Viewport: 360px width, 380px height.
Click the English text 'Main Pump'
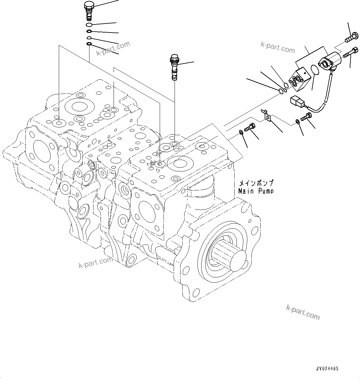(256, 191)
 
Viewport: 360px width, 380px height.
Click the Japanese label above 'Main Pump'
(256, 183)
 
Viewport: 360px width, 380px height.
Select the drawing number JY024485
(327, 369)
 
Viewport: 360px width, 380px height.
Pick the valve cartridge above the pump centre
(174, 66)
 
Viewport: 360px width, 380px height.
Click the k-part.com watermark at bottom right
(303, 312)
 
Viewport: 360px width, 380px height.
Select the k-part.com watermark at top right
(278, 47)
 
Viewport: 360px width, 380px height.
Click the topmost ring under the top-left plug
(89, 25)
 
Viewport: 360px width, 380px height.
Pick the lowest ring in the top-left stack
(89, 44)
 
